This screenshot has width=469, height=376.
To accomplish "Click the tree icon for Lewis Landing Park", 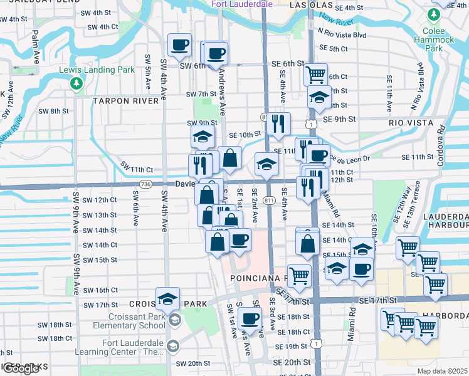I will click(x=76, y=83).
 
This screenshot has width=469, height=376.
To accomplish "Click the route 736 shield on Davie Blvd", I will click(x=146, y=184).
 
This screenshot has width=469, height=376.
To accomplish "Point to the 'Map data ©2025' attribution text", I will click(x=441, y=371).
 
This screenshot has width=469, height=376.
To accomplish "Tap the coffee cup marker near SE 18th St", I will click(x=250, y=318).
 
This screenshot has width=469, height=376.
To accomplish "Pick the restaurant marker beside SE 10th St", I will click(x=278, y=123).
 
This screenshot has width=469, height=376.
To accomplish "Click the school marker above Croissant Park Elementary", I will click(x=167, y=299).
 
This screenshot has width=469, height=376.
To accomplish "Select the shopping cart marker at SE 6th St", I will click(x=315, y=74).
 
